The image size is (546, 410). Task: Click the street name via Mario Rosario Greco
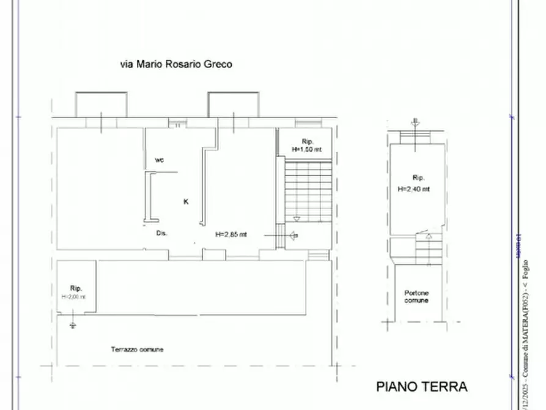point(175,64)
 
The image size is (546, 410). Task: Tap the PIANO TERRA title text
point(421,387)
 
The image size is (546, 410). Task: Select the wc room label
point(159,160)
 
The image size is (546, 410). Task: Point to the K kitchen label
point(186,201)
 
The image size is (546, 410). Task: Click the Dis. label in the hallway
point(162,233)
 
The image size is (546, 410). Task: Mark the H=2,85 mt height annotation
point(231,234)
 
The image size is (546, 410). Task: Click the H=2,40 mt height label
point(413,189)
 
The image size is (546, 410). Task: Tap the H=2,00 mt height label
point(74,297)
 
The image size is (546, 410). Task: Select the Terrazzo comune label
point(137,349)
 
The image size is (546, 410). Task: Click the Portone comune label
point(416,297)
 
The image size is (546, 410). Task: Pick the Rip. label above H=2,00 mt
point(76,288)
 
